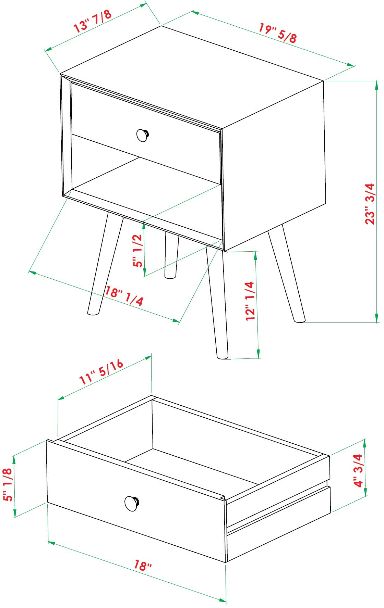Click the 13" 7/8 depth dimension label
click(x=93, y=21)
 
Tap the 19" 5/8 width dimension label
click(x=278, y=33)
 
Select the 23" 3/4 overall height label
click(x=370, y=204)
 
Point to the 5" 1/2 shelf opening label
click(x=137, y=251)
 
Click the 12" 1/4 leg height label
click(x=250, y=301)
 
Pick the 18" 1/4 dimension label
click(x=124, y=296)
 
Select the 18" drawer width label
click(x=143, y=565)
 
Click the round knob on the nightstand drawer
click(x=143, y=135)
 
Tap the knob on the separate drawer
click(x=132, y=503)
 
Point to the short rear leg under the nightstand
click(x=171, y=255)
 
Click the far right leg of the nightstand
click(x=286, y=274)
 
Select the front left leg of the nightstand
click(x=105, y=264)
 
